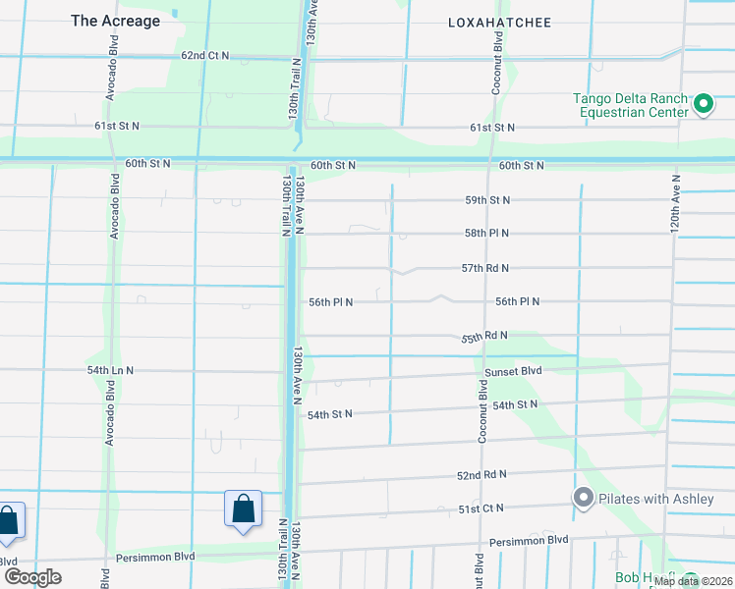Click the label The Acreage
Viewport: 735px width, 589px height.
click(x=116, y=21)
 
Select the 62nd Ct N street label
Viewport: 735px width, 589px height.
click(x=204, y=56)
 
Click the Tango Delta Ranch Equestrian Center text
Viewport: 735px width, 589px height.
click(x=632, y=105)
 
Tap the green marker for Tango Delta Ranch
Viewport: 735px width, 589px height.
click(x=704, y=104)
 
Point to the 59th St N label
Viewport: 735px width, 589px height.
click(x=487, y=200)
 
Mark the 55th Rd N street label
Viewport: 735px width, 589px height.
click(x=484, y=337)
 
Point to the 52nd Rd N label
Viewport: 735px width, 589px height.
click(x=481, y=474)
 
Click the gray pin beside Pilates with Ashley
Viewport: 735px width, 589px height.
click(x=583, y=499)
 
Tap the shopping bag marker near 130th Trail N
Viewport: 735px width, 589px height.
click(x=243, y=509)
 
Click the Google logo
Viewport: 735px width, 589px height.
click(x=33, y=576)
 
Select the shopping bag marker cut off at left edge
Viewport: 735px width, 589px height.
click(x=8, y=520)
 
